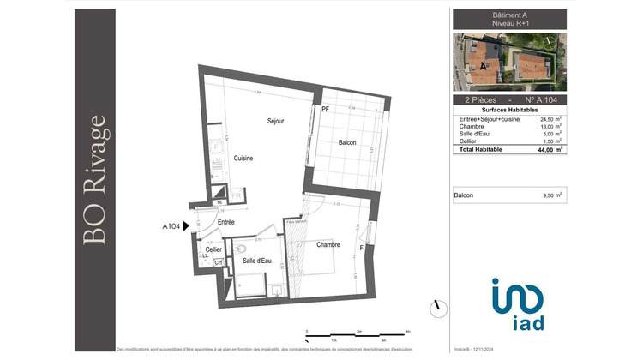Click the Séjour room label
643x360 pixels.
coord(275,122)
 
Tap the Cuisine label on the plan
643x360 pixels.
coord(243,159)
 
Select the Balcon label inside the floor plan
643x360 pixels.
coord(346,142)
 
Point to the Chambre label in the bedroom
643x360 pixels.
coord(328,244)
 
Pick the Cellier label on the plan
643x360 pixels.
coord(213,249)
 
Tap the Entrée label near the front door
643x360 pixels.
coord(225,222)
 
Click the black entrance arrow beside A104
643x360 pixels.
coord(186,227)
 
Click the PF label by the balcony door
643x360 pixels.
coord(325,110)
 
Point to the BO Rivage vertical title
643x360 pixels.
coord(97,180)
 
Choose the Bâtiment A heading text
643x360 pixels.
coord(509,15)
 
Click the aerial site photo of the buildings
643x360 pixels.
coord(509,63)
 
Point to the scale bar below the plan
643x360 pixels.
coord(356,333)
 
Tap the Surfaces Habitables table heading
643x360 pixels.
coord(509,111)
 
